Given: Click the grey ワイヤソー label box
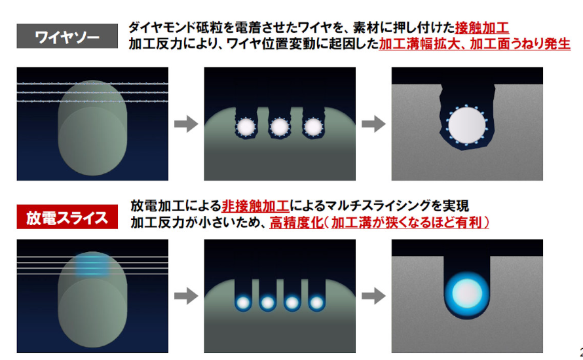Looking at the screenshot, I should point(67,35).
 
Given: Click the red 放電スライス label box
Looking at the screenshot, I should point(67,217).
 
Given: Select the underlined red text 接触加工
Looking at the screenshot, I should point(482,27).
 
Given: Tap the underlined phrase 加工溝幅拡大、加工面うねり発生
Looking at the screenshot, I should point(474,45).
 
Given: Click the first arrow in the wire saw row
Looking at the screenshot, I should point(186,124).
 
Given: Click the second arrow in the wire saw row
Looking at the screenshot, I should point(373,124).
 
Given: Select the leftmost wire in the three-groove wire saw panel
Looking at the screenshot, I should point(247,126).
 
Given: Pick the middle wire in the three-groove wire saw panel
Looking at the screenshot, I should point(280,126).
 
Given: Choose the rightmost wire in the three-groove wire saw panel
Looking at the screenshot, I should point(312,126).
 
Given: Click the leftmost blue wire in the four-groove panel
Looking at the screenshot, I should point(242,303).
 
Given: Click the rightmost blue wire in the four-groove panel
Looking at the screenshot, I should point(317,303).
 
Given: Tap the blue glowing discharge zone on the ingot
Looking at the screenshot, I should point(91,264).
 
